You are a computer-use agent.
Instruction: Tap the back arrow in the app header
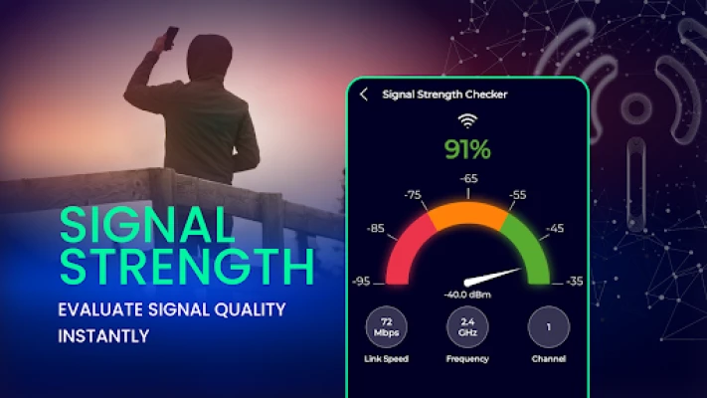tap(364, 94)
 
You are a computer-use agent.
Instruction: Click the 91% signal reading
tap(467, 149)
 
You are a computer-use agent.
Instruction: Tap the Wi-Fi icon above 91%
tap(467, 121)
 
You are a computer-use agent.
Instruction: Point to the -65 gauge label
tap(468, 178)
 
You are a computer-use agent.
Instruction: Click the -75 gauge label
tap(413, 194)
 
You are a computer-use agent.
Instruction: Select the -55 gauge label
tap(518, 194)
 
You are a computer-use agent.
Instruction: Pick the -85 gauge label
tap(375, 228)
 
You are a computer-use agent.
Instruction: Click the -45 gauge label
tap(555, 228)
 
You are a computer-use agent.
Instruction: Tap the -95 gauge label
tap(361, 282)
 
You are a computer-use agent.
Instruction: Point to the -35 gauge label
tap(574, 282)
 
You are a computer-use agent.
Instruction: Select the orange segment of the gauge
tap(467, 214)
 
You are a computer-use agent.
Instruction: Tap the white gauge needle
tap(491, 277)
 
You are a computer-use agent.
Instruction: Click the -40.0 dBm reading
tap(467, 295)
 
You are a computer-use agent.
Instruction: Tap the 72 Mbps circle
tap(387, 327)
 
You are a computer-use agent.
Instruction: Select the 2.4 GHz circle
tap(467, 327)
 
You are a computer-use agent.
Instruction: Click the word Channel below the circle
tap(549, 359)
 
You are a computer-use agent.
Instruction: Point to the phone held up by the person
tap(171, 38)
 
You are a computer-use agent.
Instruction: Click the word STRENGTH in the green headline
tap(187, 266)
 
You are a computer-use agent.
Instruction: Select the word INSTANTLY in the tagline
tap(103, 336)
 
